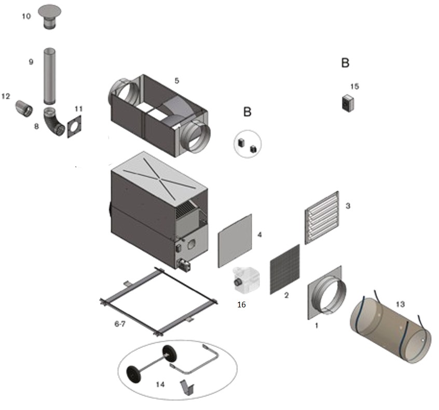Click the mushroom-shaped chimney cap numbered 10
coord(50,16)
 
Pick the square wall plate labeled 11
coord(75,126)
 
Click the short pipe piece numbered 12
coord(23,108)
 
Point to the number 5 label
coord(177,81)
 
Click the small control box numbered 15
coord(347,102)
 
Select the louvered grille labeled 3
coord(322,218)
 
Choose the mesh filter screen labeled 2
coord(285,269)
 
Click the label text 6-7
coord(120,323)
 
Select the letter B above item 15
coord(345,63)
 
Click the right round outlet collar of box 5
coord(197,137)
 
